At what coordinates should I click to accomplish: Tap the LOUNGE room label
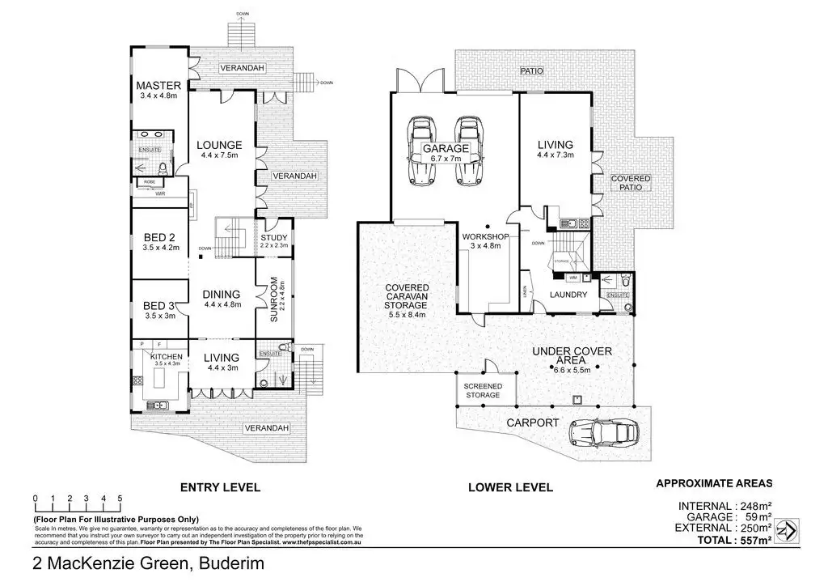[x=220, y=146]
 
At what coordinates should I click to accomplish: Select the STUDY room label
[x=272, y=237]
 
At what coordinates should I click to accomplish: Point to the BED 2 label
[x=160, y=237]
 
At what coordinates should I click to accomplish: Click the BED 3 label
[x=160, y=305]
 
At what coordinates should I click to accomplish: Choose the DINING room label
[x=222, y=295]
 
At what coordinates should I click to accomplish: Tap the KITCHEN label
[x=166, y=357]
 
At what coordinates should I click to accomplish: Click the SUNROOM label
[x=274, y=300]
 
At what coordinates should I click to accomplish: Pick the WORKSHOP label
[x=485, y=237]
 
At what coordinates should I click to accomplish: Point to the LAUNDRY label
[x=568, y=295]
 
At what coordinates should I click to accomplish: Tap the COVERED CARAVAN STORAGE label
[x=406, y=296]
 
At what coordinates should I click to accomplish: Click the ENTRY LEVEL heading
[x=220, y=487]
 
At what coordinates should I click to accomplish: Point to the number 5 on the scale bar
[x=120, y=499]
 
